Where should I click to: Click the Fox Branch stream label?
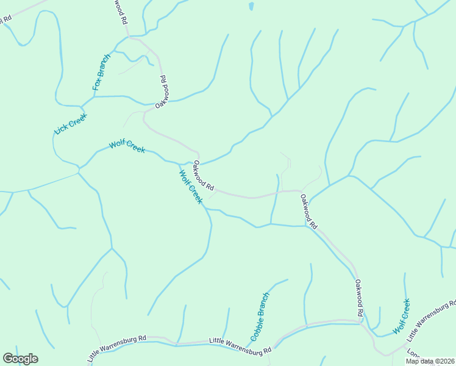pos(102,73)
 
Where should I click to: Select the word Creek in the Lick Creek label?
pos(78,118)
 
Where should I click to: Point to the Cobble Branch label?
pos(260,317)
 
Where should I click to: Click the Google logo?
pos(20,359)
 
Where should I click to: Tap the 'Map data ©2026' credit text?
pos(430,361)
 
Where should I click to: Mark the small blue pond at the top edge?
pos(251,7)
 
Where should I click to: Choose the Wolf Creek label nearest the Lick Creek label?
pos(127,146)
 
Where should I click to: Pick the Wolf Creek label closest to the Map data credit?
pos(401,316)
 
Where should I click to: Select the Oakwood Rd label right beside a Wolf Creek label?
pos(204,174)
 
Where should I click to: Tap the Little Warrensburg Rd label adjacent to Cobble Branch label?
pos(240,345)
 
